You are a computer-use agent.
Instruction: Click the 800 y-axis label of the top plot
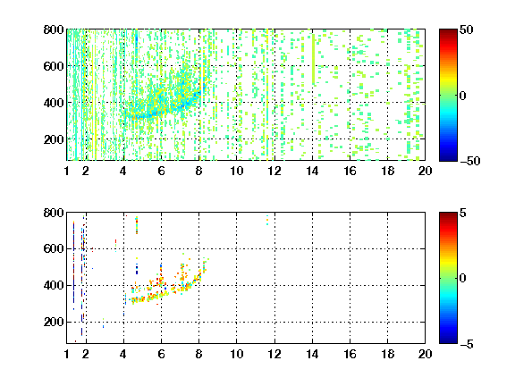pos(54,29)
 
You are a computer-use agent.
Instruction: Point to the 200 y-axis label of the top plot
pos(54,139)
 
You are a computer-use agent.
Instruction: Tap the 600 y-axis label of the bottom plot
pos(54,248)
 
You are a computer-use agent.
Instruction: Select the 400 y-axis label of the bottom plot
pos(54,285)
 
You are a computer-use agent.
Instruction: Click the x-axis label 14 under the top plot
pos(312,171)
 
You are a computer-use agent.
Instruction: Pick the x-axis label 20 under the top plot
pos(425,171)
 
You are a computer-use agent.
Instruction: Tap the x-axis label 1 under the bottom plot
pos(67,354)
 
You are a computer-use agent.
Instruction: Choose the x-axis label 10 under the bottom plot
pos(236,354)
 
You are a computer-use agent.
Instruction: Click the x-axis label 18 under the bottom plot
pos(387,354)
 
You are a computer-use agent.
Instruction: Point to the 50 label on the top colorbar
pos(466,29)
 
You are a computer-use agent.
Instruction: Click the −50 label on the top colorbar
pos(469,161)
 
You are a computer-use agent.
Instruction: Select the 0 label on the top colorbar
pos(462,96)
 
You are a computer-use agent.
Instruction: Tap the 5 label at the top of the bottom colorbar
pos(462,213)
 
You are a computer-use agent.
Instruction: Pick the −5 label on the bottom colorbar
pos(467,344)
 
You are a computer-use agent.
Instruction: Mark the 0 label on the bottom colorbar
pos(462,279)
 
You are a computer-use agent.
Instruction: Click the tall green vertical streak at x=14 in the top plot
pos(313,59)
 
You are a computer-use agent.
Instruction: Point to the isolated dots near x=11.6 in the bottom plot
pos(267,220)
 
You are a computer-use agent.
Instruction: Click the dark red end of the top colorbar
pos(448,32)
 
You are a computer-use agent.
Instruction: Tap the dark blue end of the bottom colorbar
pos(448,340)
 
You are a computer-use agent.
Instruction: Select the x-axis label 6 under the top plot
pos(161,171)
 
